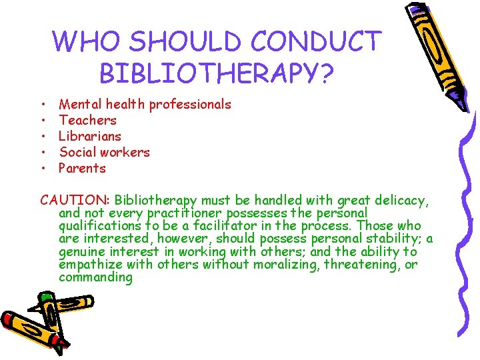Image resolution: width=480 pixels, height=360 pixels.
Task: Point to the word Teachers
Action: click(x=87, y=120)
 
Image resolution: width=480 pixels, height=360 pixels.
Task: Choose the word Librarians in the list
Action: click(x=90, y=136)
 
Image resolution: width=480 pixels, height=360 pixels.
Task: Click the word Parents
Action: click(x=82, y=168)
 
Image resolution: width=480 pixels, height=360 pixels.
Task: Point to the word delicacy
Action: click(x=399, y=200)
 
